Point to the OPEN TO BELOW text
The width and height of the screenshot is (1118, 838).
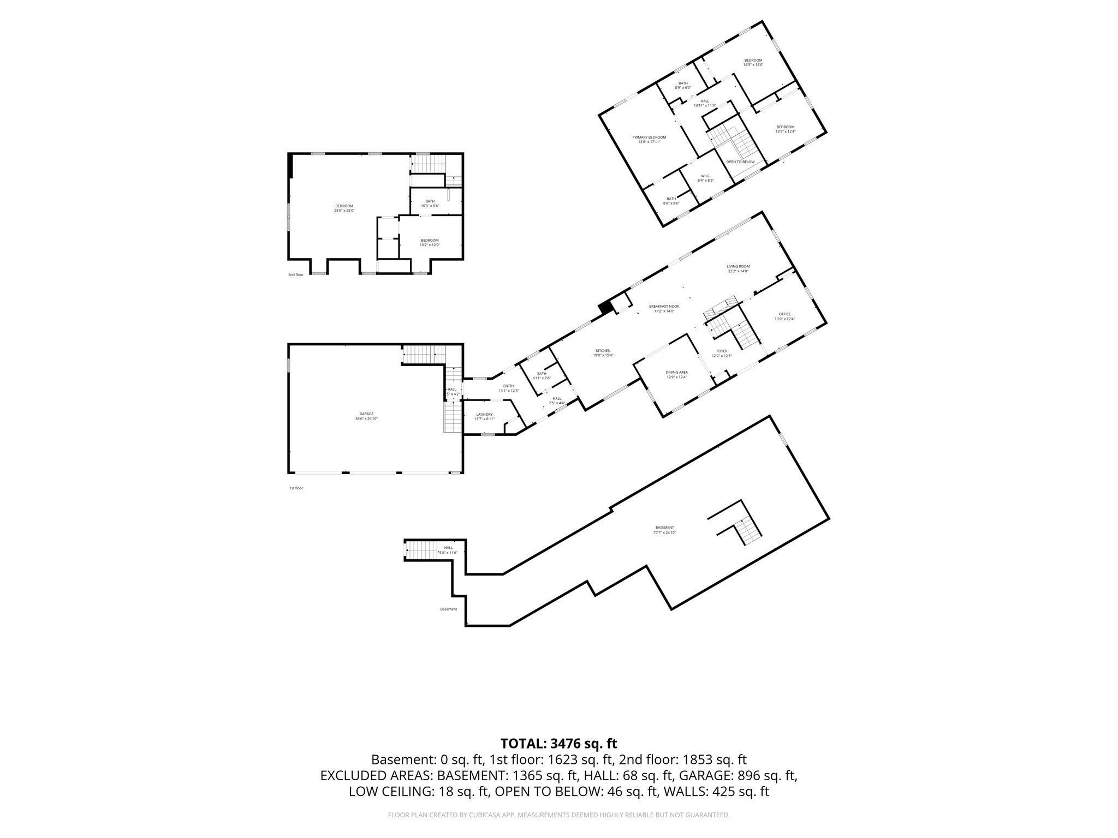pyautogui.click(x=740, y=162)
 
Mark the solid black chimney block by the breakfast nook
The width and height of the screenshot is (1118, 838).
pyautogui.click(x=605, y=308)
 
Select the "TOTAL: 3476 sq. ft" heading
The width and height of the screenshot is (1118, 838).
pyautogui.click(x=558, y=743)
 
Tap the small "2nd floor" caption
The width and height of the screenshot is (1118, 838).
pyautogui.click(x=295, y=274)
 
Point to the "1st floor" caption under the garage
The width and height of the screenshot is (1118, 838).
pyautogui.click(x=296, y=488)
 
